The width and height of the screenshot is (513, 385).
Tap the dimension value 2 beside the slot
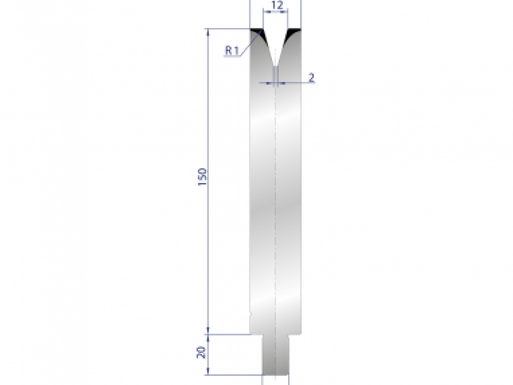(x=311, y=77)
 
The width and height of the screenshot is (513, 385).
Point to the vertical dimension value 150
(x=203, y=176)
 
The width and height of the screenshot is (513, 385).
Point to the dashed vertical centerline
(x=276, y=192)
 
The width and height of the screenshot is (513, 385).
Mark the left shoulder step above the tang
(x=256, y=334)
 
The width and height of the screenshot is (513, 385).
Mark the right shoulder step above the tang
(x=296, y=334)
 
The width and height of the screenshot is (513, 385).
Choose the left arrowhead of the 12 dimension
(x=265, y=12)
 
